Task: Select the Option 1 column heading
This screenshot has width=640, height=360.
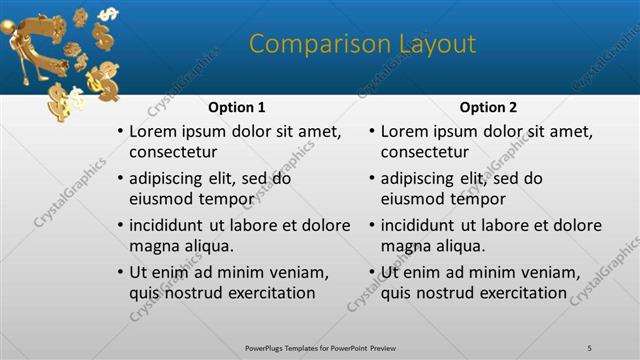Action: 236,107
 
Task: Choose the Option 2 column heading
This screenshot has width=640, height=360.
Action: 488,107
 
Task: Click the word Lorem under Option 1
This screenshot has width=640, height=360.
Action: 154,132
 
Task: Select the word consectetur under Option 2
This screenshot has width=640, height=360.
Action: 425,152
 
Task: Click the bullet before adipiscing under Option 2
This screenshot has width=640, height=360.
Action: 371,179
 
